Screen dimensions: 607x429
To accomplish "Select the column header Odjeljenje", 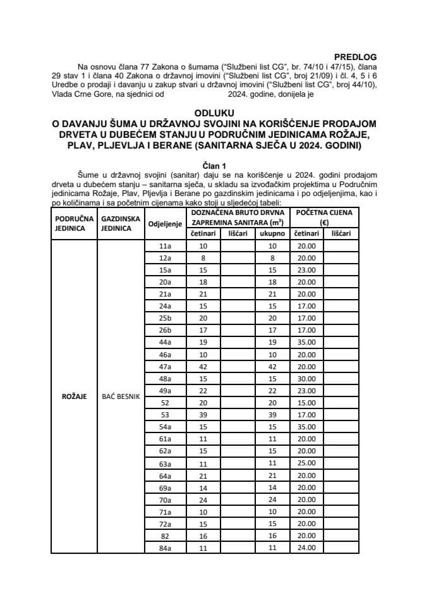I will click(x=165, y=223).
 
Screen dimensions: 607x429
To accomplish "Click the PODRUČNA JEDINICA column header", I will click(x=73, y=223).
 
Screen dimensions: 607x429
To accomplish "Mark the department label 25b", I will click(x=165, y=317).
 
